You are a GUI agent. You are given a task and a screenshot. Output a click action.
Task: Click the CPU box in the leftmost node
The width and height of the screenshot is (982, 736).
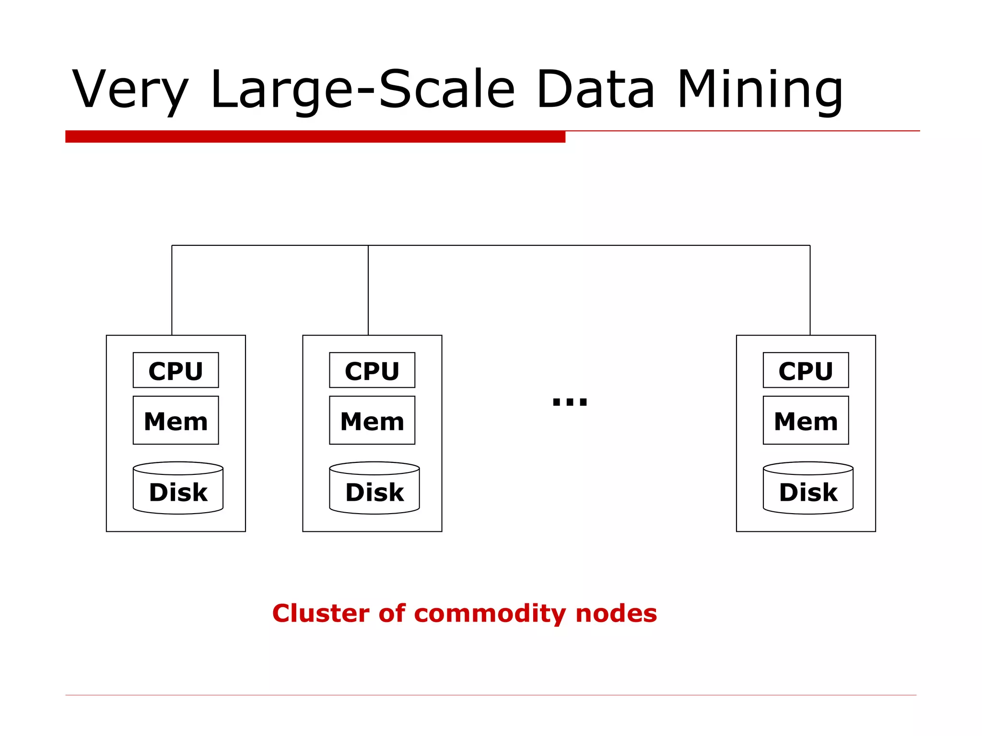coord(175,370)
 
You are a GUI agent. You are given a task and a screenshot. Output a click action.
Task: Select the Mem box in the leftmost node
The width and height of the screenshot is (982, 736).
coord(175,420)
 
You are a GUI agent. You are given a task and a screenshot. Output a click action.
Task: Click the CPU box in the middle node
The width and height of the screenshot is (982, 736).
coord(372,370)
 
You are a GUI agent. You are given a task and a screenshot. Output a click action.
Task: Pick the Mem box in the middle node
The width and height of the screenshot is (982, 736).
coord(372,420)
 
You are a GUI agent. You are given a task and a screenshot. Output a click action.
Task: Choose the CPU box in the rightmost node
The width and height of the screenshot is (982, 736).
coord(806,370)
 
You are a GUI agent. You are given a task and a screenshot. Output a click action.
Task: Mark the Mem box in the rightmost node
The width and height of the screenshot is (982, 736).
coord(806,420)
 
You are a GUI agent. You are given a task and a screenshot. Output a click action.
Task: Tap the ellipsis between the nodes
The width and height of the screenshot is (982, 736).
coord(570,401)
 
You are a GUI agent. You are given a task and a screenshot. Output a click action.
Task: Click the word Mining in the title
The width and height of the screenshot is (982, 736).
coord(760,90)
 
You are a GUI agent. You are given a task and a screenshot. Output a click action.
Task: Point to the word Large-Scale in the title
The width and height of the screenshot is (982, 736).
coord(362,90)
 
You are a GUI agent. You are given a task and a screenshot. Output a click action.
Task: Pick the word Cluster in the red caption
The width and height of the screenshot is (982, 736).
coord(321,613)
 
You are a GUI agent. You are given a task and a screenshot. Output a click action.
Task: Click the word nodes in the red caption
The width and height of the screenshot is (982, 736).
coord(616,613)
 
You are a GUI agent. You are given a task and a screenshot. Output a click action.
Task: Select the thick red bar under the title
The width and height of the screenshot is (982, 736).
coord(315,137)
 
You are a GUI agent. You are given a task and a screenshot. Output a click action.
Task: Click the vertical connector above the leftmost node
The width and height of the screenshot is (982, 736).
coord(172,290)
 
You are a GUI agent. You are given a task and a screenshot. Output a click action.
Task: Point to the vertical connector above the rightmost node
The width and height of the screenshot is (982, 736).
coord(810,290)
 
